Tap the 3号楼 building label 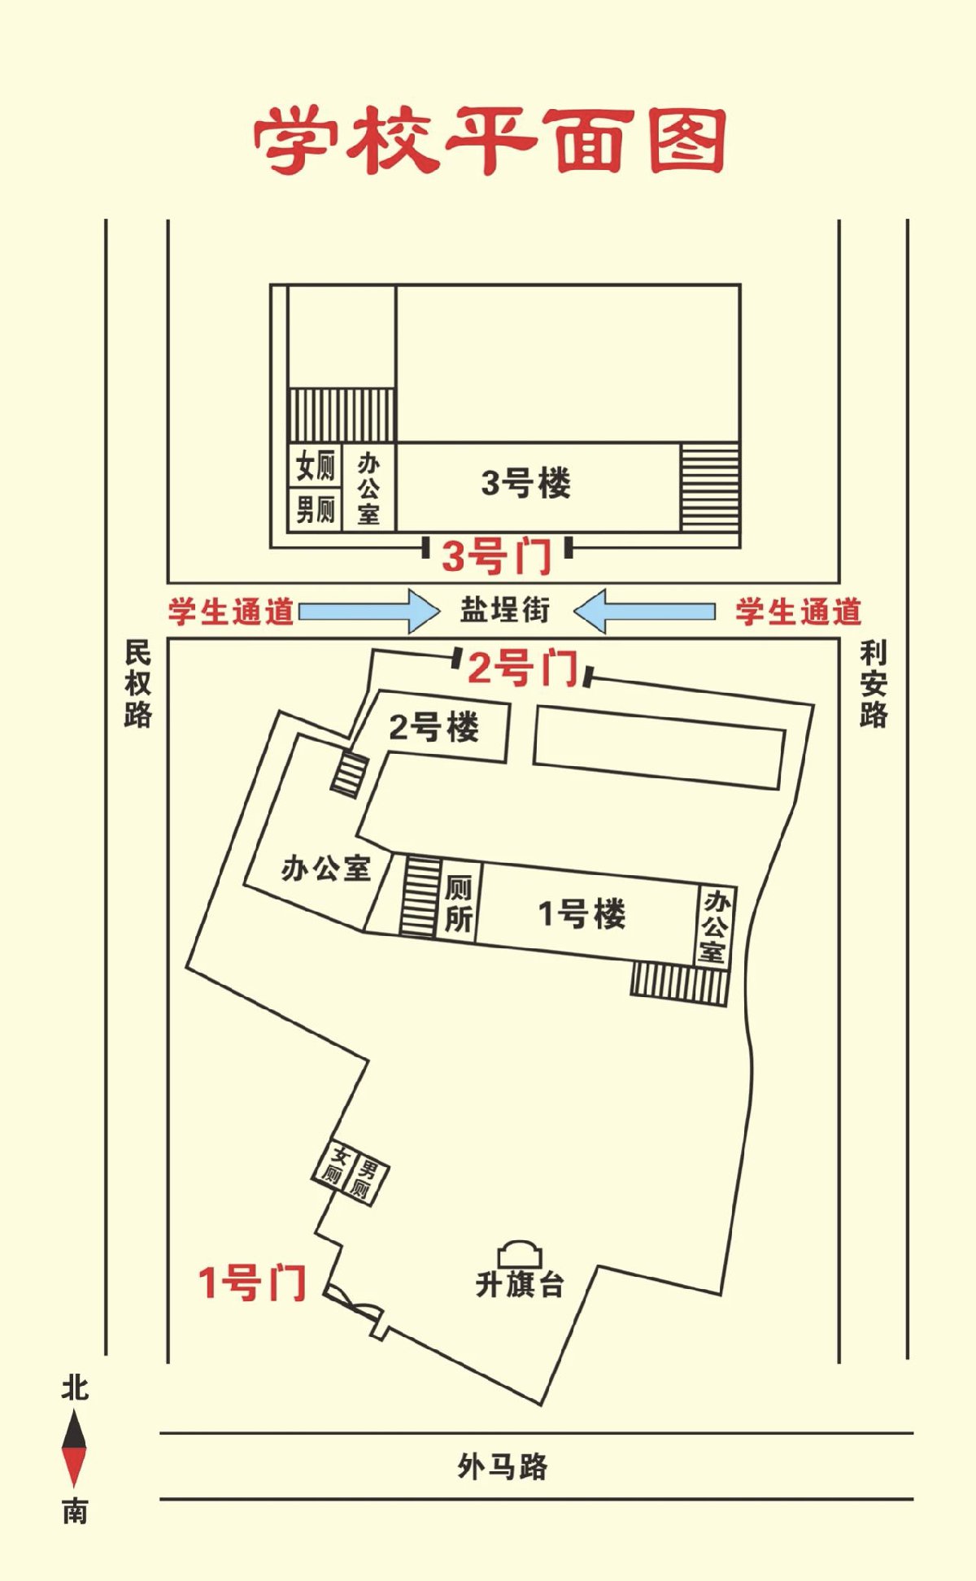526,483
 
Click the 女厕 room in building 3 315,466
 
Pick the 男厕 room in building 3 315,510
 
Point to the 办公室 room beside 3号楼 368,487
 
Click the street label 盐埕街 505,609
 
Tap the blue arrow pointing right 369,611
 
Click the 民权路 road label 137,683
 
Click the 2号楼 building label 434,726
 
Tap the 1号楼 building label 582,914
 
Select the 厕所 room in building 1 458,903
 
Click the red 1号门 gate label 252,1283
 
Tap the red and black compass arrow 74,1448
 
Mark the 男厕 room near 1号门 364,1180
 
